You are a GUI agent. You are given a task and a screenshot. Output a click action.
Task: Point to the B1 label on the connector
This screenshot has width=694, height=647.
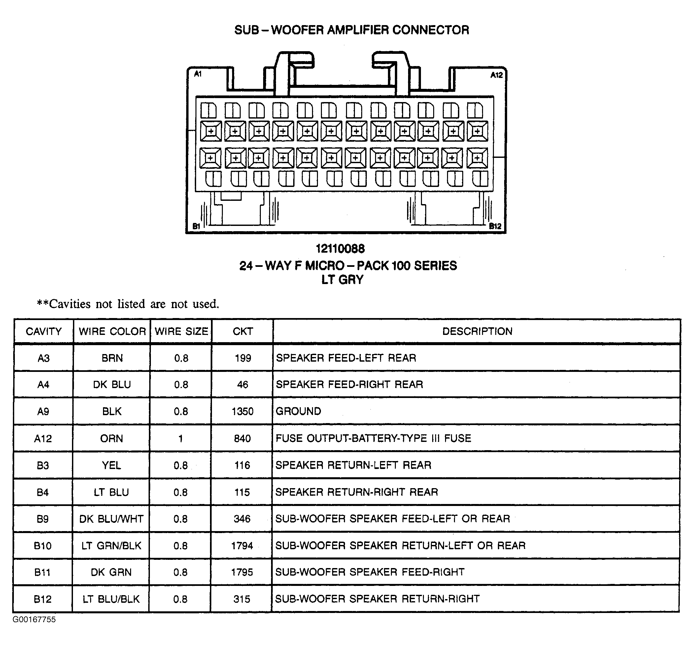[196, 226]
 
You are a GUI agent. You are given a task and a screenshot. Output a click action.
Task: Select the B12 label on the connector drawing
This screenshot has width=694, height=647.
[495, 226]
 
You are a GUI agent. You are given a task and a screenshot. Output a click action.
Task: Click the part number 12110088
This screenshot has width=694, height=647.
[340, 249]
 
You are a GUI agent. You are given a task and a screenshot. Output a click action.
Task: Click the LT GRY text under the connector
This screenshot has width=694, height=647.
[342, 280]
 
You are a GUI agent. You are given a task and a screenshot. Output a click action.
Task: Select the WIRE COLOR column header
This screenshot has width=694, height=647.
[112, 331]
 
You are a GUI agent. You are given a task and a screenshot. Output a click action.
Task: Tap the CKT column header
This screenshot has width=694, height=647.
[243, 331]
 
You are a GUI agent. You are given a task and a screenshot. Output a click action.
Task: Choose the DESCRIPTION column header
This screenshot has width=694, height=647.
[477, 331]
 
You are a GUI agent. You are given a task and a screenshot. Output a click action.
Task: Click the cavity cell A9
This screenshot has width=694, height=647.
[43, 412]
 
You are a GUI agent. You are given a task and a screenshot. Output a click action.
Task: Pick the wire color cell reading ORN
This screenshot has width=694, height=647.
[112, 439]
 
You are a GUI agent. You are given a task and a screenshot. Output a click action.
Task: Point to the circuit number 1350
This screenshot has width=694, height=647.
[242, 412]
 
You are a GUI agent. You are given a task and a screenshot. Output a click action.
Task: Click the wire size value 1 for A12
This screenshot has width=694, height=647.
[181, 439]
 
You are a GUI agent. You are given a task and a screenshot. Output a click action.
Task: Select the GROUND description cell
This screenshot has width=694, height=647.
[298, 411]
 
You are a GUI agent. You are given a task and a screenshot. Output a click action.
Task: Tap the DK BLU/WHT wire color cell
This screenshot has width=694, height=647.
[111, 519]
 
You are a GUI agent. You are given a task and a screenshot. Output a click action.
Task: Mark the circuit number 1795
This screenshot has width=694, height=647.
[242, 572]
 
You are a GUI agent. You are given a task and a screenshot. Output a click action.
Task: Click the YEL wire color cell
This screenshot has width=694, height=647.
[111, 465]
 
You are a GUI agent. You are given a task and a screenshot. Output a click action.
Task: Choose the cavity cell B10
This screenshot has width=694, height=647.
[43, 546]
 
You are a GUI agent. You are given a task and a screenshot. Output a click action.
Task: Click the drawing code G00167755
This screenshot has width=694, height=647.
[34, 619]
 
